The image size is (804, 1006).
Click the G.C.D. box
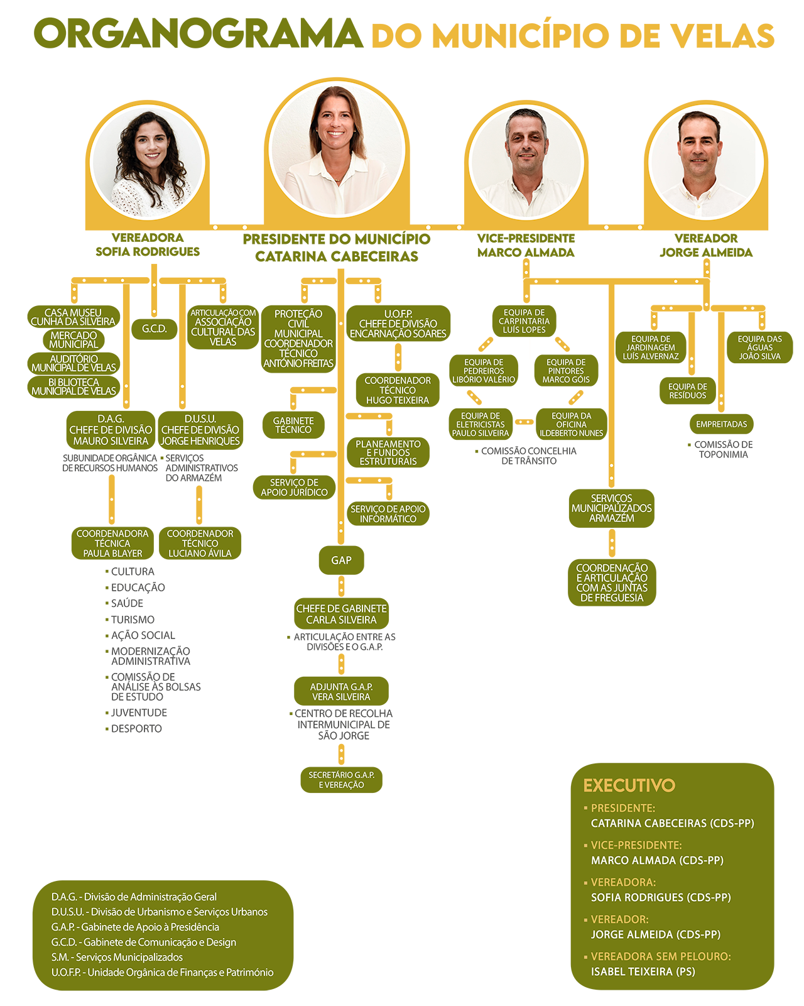[154, 329]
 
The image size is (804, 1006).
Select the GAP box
[341, 560]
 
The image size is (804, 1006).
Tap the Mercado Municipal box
[73, 340]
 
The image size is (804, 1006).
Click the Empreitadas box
[721, 424]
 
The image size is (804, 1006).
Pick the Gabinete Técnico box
[293, 425]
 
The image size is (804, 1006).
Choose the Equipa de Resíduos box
[687, 391]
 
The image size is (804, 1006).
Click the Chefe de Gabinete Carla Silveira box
[341, 614]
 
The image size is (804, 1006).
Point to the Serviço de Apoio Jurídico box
[294, 488]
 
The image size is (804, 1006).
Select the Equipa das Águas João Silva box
[759, 347]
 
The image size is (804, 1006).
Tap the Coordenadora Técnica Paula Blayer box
[112, 543]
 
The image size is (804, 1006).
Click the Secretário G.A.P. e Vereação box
[341, 780]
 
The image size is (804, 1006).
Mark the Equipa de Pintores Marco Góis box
[565, 371]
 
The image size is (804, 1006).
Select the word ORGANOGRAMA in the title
[198, 34]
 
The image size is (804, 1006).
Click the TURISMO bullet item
[133, 620]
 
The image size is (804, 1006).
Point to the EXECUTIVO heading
[629, 785]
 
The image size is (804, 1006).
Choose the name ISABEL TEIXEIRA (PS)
[643, 971]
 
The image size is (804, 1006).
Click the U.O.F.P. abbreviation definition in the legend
[162, 972]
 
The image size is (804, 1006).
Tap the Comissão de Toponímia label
[723, 449]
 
